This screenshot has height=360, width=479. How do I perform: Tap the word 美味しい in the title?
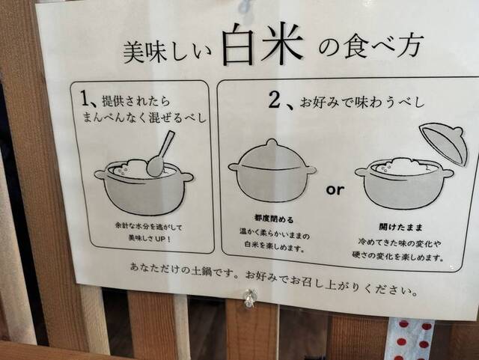tap(167, 52)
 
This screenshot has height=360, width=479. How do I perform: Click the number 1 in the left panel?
tap(85, 98)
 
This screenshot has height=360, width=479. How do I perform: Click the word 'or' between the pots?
tap(335, 190)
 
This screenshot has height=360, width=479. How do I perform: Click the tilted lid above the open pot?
tap(444, 144)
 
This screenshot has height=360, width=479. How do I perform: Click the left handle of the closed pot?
tap(234, 167)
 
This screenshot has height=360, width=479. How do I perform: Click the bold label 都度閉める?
tap(274, 219)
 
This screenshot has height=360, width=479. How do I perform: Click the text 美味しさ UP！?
tap(150, 238)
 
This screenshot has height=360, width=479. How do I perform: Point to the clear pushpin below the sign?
tap(250, 296)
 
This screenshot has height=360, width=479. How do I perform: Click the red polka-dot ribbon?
tap(411, 338)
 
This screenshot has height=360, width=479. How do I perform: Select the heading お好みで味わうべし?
tap(361, 103)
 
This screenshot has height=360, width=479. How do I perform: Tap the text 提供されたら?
tap(136, 101)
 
